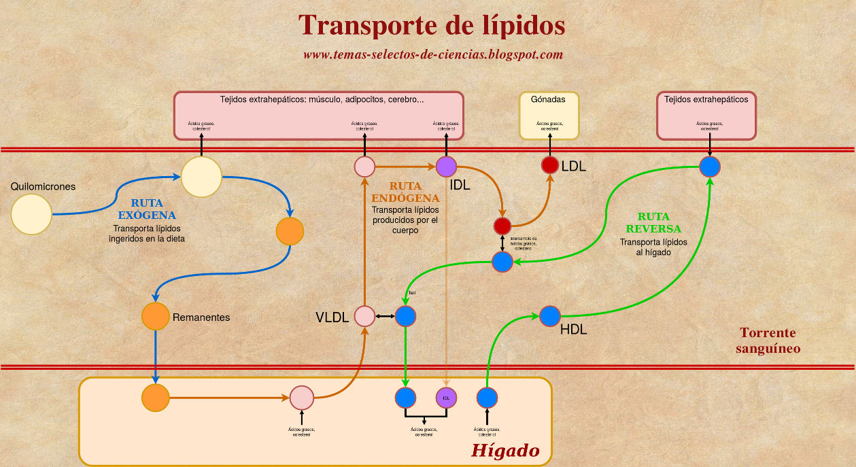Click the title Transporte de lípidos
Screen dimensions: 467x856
(x=432, y=26)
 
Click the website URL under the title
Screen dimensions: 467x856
(x=433, y=54)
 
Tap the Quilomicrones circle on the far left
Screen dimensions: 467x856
(x=31, y=214)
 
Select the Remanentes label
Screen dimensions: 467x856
(x=201, y=317)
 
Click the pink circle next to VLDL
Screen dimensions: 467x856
(x=365, y=316)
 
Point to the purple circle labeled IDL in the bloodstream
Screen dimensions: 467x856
(x=446, y=166)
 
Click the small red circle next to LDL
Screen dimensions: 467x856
(x=549, y=165)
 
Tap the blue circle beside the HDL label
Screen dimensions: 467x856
(x=549, y=316)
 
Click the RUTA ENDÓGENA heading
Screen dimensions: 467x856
(x=405, y=192)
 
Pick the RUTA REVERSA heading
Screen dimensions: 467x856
(x=653, y=223)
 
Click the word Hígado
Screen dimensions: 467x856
(x=506, y=451)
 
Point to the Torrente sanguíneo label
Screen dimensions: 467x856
(x=768, y=341)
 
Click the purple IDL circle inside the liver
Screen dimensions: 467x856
(x=446, y=398)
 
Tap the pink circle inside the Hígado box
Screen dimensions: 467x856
(x=301, y=398)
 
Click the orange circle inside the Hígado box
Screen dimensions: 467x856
(x=156, y=398)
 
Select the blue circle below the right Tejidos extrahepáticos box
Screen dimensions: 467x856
(x=710, y=167)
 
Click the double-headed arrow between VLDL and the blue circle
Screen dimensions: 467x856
(x=385, y=316)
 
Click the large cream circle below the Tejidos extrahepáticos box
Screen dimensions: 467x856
(x=201, y=177)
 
